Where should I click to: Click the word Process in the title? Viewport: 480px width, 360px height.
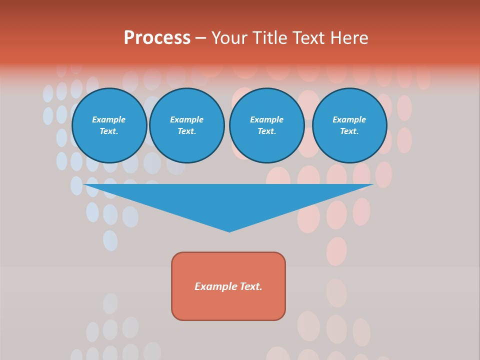click(157, 38)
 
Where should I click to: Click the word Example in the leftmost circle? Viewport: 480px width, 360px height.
click(109, 119)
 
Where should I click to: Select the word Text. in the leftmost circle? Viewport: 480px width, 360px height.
click(109, 131)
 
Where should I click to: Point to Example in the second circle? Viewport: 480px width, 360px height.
click(187, 119)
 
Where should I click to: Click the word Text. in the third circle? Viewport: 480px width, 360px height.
click(267, 131)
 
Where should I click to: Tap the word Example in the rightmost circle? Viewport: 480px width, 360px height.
click(349, 119)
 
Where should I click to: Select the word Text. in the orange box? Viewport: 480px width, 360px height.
click(251, 286)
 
